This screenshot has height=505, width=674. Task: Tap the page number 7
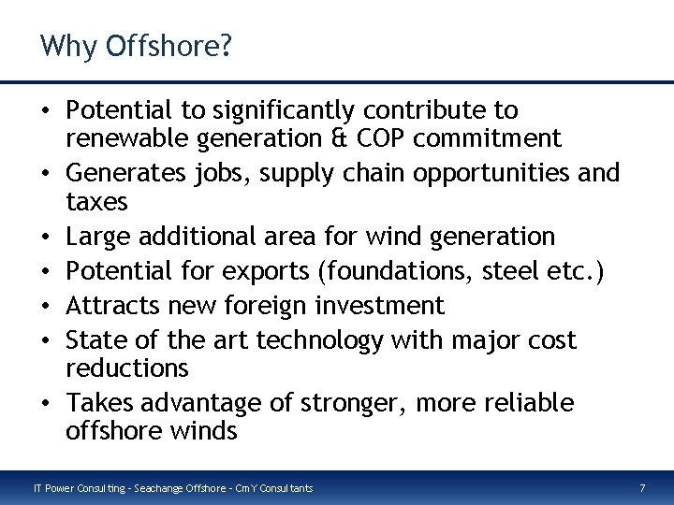click(642, 487)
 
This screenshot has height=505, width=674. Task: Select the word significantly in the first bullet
click(260, 111)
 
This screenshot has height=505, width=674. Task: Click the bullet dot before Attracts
click(46, 306)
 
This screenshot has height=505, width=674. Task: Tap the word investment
click(380, 305)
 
